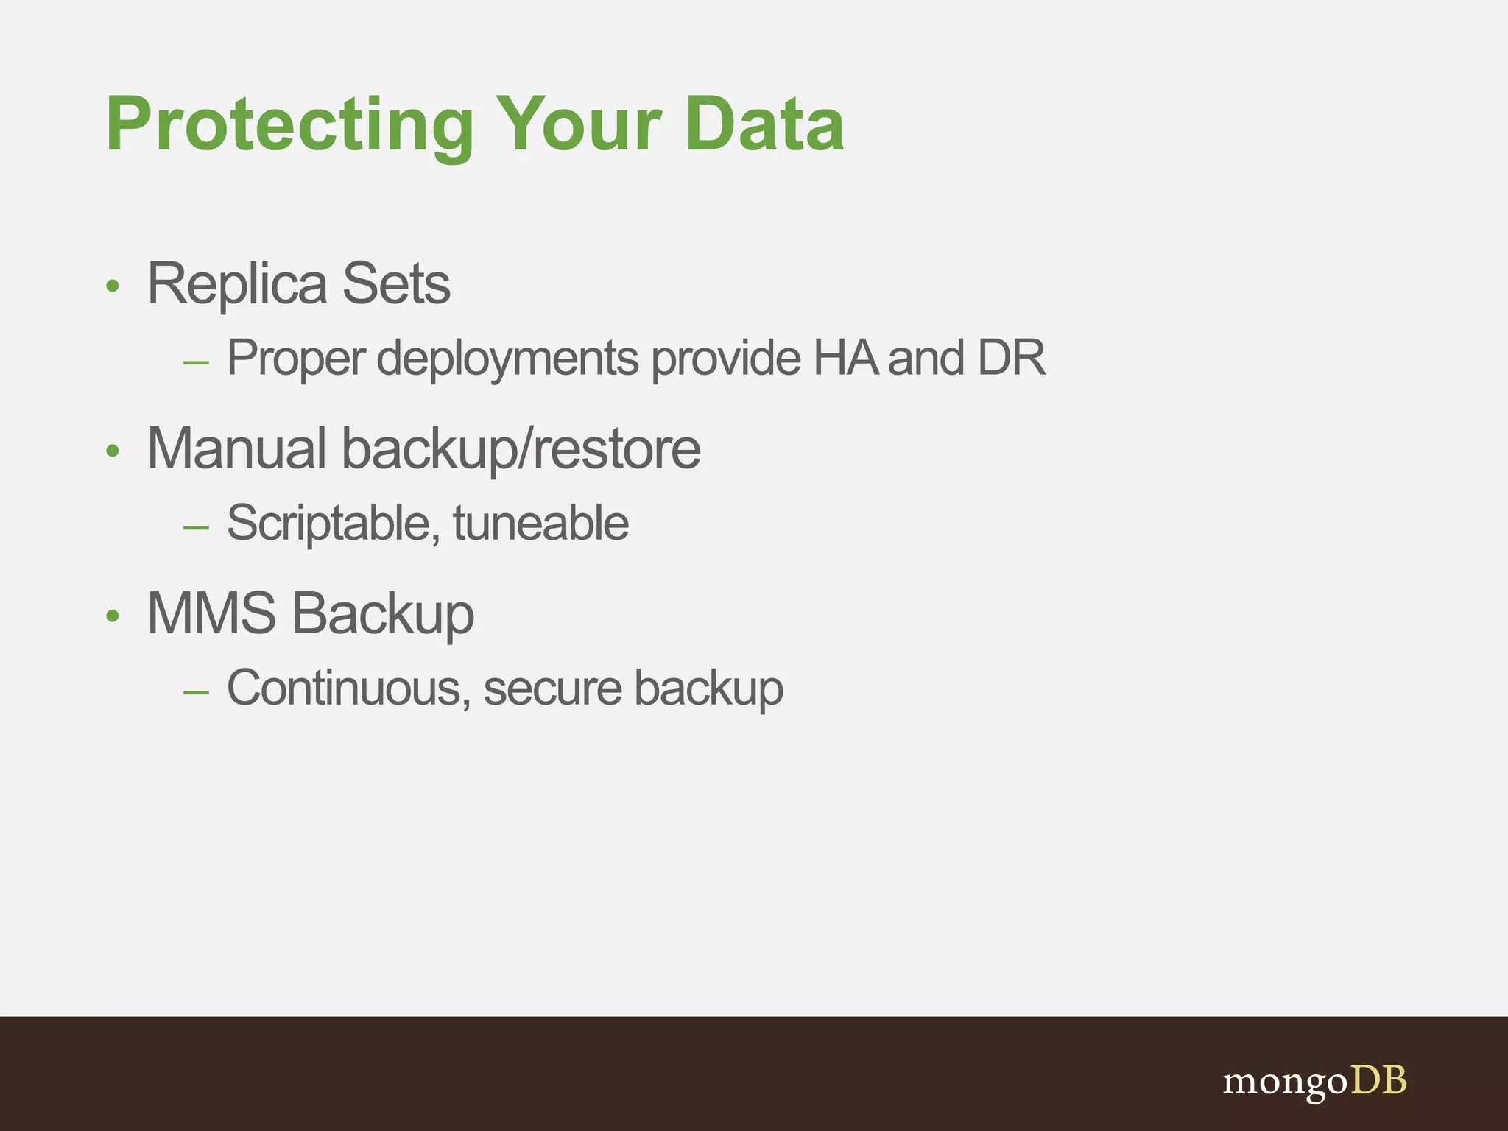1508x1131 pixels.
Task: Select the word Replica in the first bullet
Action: [236, 284]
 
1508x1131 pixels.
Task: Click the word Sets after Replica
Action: [396, 284]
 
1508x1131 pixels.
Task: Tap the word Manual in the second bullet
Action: [236, 448]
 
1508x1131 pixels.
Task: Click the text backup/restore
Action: [521, 450]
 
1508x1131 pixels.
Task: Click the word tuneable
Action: [540, 524]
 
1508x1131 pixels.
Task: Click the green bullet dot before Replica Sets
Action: [112, 286]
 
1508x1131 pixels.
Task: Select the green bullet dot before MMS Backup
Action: [112, 616]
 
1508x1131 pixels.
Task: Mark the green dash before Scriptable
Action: [197, 528]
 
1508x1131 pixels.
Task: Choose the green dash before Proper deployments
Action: [197, 363]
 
